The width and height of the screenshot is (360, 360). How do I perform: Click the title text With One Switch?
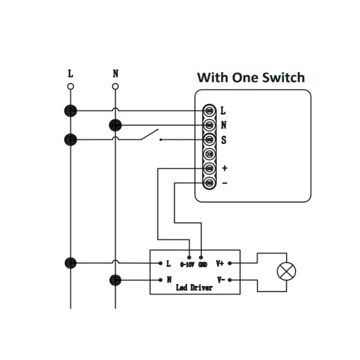(x=251, y=77)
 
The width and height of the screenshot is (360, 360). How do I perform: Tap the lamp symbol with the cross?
(x=286, y=271)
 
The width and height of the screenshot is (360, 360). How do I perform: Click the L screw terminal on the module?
(x=209, y=110)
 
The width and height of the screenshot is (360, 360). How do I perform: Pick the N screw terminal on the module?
(x=209, y=125)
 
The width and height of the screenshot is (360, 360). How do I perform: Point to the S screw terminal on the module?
(x=209, y=139)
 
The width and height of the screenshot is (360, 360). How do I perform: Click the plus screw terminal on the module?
(x=209, y=168)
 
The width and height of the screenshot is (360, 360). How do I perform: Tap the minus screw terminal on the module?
(x=209, y=183)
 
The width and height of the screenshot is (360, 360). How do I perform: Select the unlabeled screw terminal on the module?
(x=209, y=154)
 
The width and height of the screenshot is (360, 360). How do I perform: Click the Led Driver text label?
(x=194, y=288)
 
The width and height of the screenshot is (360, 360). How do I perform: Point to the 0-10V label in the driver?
(x=187, y=264)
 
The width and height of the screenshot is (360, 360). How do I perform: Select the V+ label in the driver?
(x=220, y=263)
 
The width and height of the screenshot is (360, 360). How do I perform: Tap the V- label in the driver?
(x=220, y=280)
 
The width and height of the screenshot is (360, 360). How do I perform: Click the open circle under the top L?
(x=71, y=86)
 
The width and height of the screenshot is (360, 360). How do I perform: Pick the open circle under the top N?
(x=116, y=86)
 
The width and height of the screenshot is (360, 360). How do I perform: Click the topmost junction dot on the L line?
(x=71, y=110)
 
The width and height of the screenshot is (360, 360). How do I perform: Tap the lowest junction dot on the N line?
(x=116, y=280)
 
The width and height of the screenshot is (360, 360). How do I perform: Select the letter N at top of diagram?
(x=116, y=74)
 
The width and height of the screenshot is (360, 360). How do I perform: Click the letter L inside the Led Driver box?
(x=168, y=263)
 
